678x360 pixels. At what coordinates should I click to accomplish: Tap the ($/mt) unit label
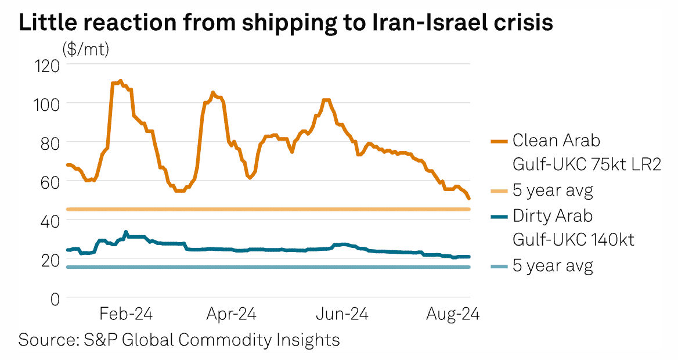(85, 50)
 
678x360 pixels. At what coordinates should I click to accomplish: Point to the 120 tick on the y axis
(46, 64)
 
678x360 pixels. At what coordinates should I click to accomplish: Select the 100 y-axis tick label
(46, 103)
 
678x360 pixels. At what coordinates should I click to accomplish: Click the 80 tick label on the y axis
(50, 142)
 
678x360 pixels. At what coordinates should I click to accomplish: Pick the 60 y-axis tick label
(50, 181)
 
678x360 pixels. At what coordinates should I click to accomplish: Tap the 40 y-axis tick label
(50, 220)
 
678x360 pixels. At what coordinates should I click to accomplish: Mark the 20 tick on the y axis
(50, 260)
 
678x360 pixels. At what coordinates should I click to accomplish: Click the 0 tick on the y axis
(55, 298)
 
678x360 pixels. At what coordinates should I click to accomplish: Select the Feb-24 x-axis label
(125, 314)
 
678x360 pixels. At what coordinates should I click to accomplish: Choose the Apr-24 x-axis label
(230, 314)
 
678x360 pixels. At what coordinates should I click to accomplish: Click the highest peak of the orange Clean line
(120, 81)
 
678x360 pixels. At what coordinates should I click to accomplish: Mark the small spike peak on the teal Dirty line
(126, 232)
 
